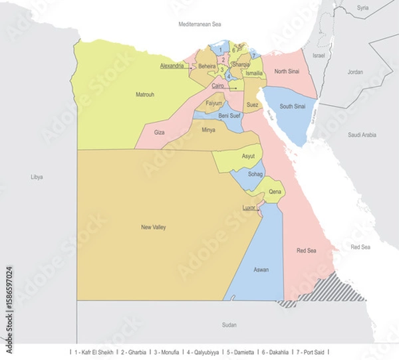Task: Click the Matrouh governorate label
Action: pyautogui.click(x=145, y=95)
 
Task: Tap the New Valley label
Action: pyautogui.click(x=154, y=227)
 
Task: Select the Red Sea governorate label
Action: pyautogui.click(x=306, y=250)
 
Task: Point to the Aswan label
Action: pyautogui.click(x=261, y=270)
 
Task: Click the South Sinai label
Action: pyautogui.click(x=292, y=106)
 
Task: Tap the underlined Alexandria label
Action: pyautogui.click(x=172, y=66)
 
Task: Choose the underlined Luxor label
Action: pyautogui.click(x=249, y=208)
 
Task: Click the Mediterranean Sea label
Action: pyautogui.click(x=199, y=24)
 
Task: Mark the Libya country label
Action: pyautogui.click(x=37, y=177)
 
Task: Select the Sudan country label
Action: pyautogui.click(x=229, y=325)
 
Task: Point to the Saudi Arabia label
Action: pyautogui.click(x=362, y=135)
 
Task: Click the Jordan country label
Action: pyautogui.click(x=355, y=72)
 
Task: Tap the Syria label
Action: pyautogui.click(x=362, y=8)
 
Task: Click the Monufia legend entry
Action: pyautogui.click(x=170, y=351)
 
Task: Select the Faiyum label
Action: pyautogui.click(x=214, y=104)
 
